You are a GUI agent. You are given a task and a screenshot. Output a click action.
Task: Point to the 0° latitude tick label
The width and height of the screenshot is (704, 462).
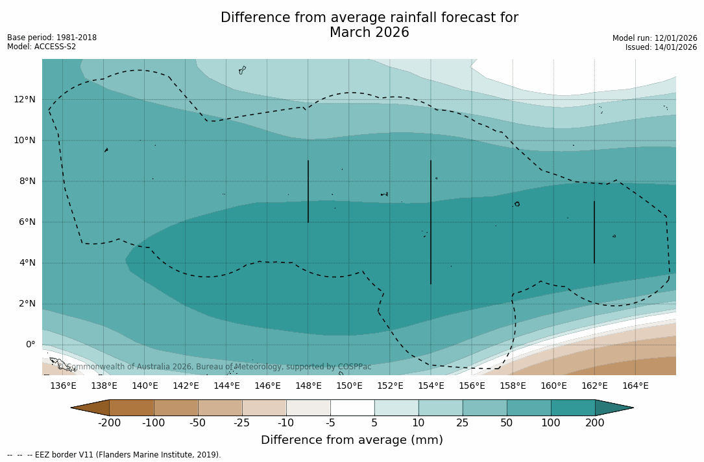(x=30, y=345)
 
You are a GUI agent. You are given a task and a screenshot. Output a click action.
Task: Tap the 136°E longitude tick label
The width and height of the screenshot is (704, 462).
(x=63, y=386)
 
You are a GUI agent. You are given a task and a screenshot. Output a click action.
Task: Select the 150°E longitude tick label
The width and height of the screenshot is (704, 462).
(x=349, y=386)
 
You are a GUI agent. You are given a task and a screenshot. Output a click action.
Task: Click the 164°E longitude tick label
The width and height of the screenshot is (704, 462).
(x=635, y=386)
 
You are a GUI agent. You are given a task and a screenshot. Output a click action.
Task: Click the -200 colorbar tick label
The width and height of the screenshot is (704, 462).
(x=109, y=423)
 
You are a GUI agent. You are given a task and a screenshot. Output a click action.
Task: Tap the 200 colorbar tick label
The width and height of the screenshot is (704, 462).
(x=595, y=423)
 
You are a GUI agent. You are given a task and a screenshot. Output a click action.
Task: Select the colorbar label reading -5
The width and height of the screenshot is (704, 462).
(x=330, y=423)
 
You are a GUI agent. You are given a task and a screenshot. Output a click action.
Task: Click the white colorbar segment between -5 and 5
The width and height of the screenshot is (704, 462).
(x=352, y=408)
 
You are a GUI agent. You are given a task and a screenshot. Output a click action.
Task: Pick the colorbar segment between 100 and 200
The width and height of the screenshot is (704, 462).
(x=573, y=408)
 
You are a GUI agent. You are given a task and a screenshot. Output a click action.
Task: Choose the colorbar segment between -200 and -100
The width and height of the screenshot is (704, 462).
(x=132, y=408)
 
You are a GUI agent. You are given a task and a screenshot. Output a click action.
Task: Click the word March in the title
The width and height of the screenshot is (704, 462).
(x=351, y=32)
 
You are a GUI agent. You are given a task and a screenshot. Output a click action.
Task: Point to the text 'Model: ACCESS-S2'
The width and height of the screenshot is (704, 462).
(x=42, y=47)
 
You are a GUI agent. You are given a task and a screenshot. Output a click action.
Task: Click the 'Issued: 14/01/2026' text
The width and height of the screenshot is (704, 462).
(x=661, y=47)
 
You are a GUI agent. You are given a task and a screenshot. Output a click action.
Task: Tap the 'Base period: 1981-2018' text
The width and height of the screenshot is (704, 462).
(x=52, y=38)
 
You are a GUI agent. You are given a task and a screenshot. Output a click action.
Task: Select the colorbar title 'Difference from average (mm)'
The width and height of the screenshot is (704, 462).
(x=352, y=441)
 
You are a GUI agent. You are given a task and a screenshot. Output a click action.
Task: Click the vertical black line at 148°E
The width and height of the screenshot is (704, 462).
(x=308, y=191)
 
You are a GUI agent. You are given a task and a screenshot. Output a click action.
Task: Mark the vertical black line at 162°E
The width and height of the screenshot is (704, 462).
(x=594, y=232)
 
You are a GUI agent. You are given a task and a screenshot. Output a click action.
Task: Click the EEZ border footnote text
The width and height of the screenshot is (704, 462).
(x=114, y=455)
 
